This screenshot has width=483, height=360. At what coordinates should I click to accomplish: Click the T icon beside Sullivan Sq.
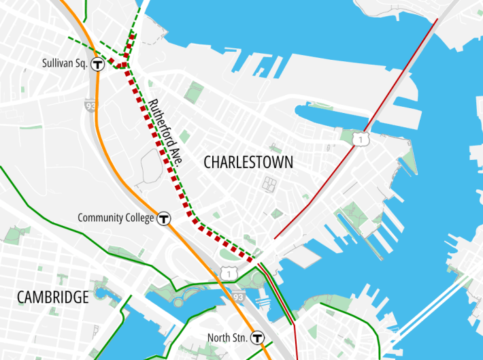98,65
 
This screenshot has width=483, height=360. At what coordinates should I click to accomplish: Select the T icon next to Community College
163,218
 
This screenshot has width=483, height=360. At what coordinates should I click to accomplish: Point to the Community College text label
116,218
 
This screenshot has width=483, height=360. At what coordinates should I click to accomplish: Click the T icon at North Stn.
257,337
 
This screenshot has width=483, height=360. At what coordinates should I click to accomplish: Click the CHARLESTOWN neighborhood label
248,163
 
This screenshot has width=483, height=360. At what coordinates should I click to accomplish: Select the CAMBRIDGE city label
53,297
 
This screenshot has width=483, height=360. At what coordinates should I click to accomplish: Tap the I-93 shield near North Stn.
237,297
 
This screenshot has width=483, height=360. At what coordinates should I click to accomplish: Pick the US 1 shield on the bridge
359,140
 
